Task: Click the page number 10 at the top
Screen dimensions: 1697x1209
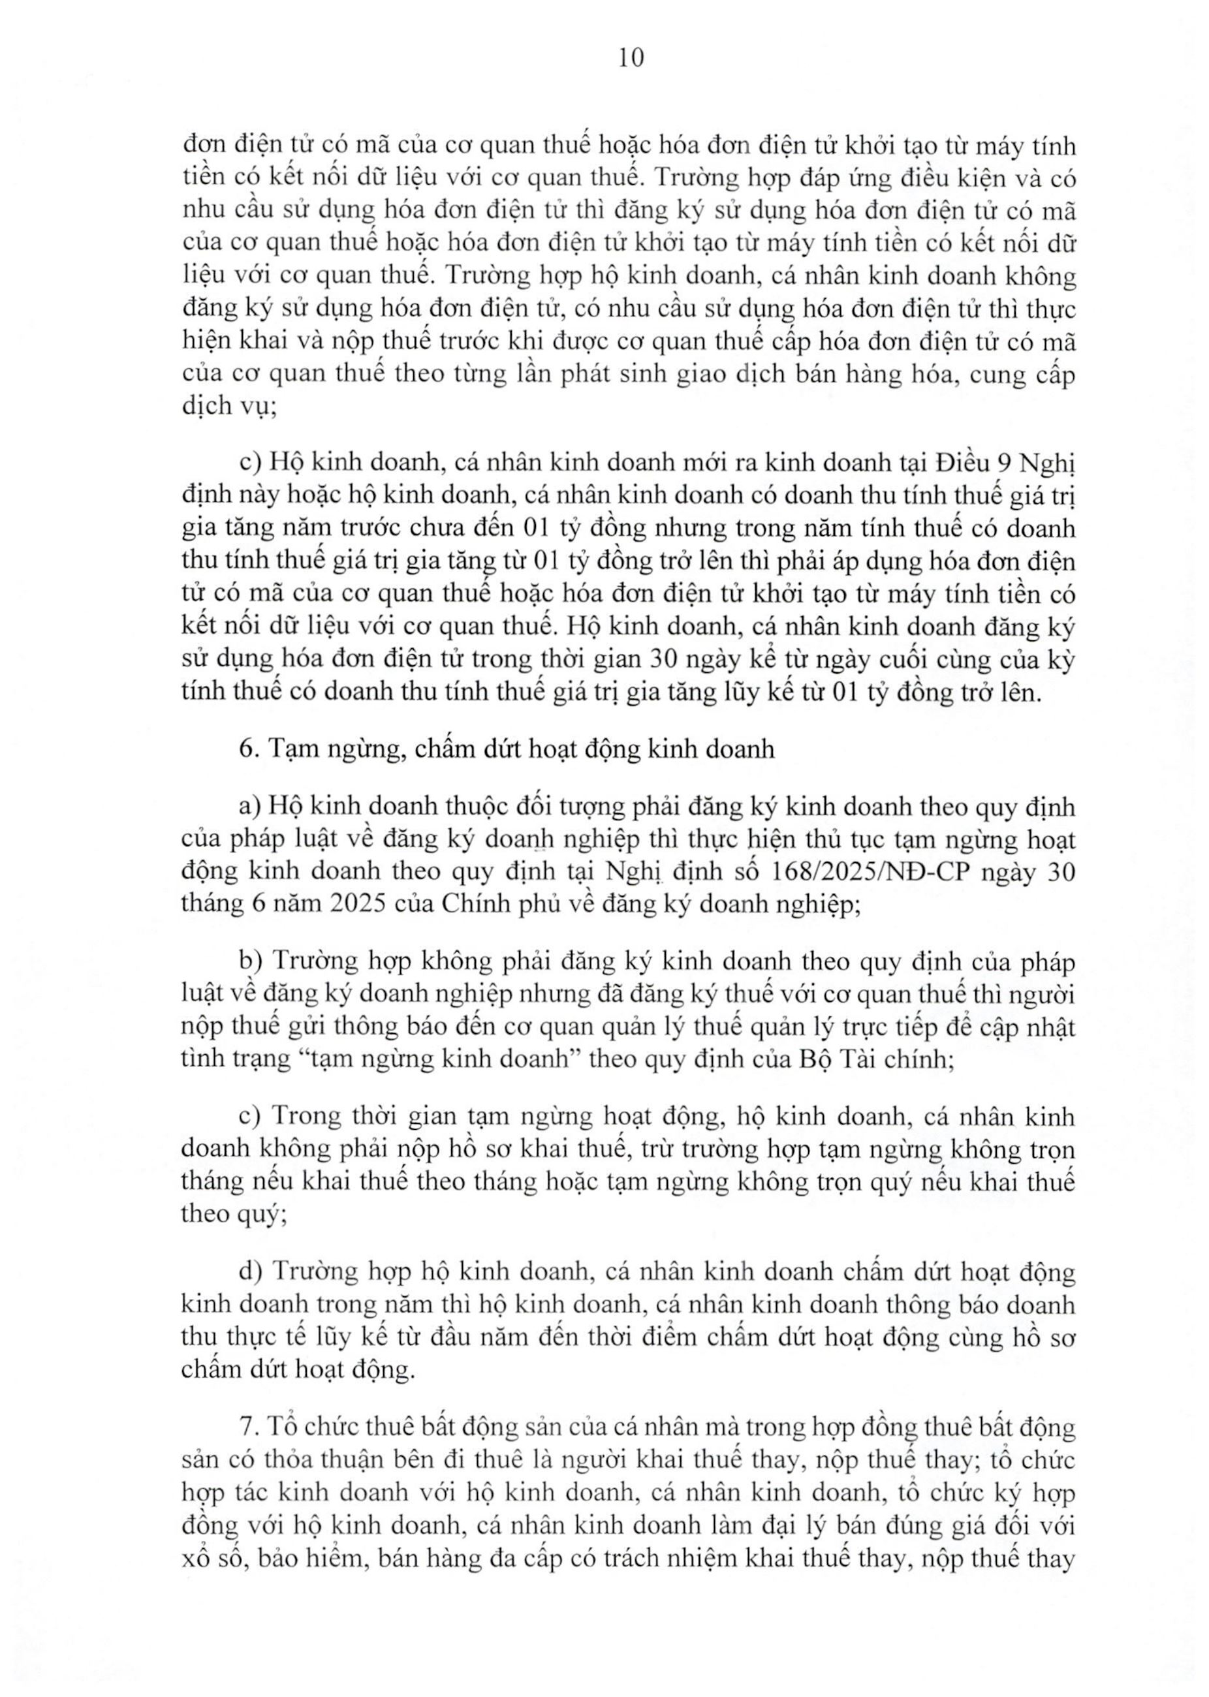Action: point(631,59)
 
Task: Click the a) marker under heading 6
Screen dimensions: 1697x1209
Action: point(249,806)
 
